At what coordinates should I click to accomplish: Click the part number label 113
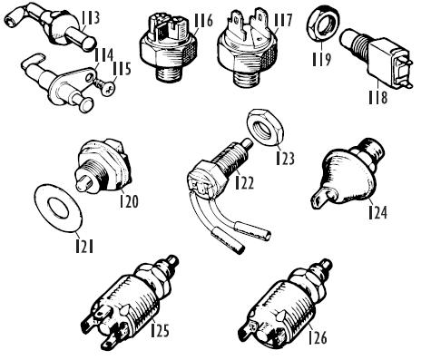pos(91,18)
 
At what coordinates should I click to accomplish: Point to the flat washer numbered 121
pos(58,209)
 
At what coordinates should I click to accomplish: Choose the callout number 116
pos(203,20)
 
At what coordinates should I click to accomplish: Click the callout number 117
pos(283,20)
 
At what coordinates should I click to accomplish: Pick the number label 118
pos(377,97)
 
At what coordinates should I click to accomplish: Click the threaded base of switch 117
pos(247,78)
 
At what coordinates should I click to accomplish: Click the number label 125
pos(160,330)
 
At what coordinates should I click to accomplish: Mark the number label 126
pos(318,337)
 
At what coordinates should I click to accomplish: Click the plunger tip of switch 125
pos(172,260)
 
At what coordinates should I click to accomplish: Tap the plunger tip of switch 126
pos(327,264)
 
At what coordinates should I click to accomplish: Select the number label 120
pos(129,200)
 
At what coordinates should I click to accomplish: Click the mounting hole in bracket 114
pos(89,78)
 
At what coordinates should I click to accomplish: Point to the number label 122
pos(245,182)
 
